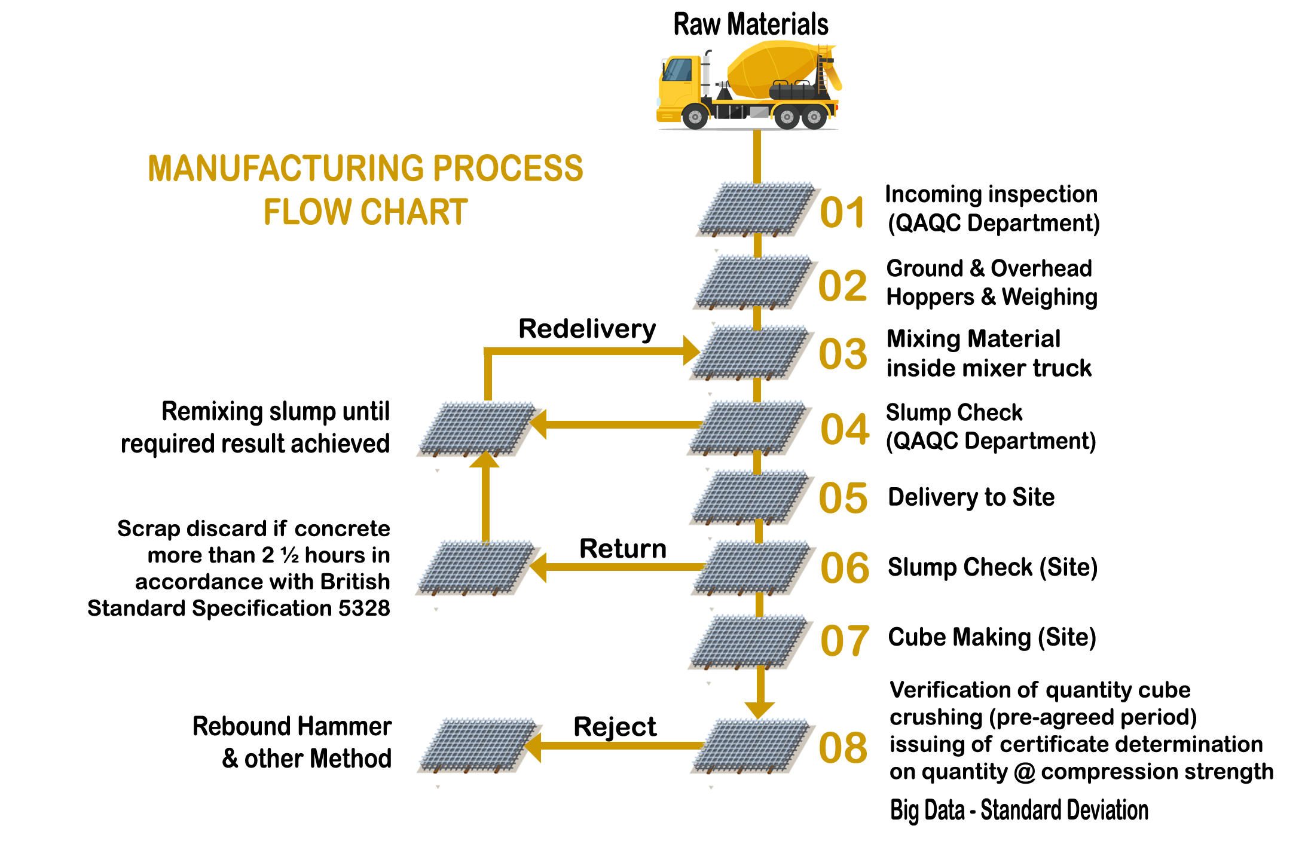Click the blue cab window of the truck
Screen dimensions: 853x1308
coord(677,70)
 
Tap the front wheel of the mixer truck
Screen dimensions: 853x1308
coord(695,116)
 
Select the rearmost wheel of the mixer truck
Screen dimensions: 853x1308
coord(814,116)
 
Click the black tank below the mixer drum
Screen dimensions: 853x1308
coord(792,91)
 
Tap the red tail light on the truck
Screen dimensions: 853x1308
coord(839,108)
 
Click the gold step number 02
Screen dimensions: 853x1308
coord(843,285)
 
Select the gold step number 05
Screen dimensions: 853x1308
coord(843,497)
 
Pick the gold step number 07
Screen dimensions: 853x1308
coord(844,640)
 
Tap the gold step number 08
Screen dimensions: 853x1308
coord(843,747)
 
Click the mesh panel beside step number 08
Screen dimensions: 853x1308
coord(752,751)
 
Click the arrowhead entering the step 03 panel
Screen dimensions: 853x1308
coord(690,350)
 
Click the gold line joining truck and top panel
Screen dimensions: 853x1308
coord(757,155)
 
